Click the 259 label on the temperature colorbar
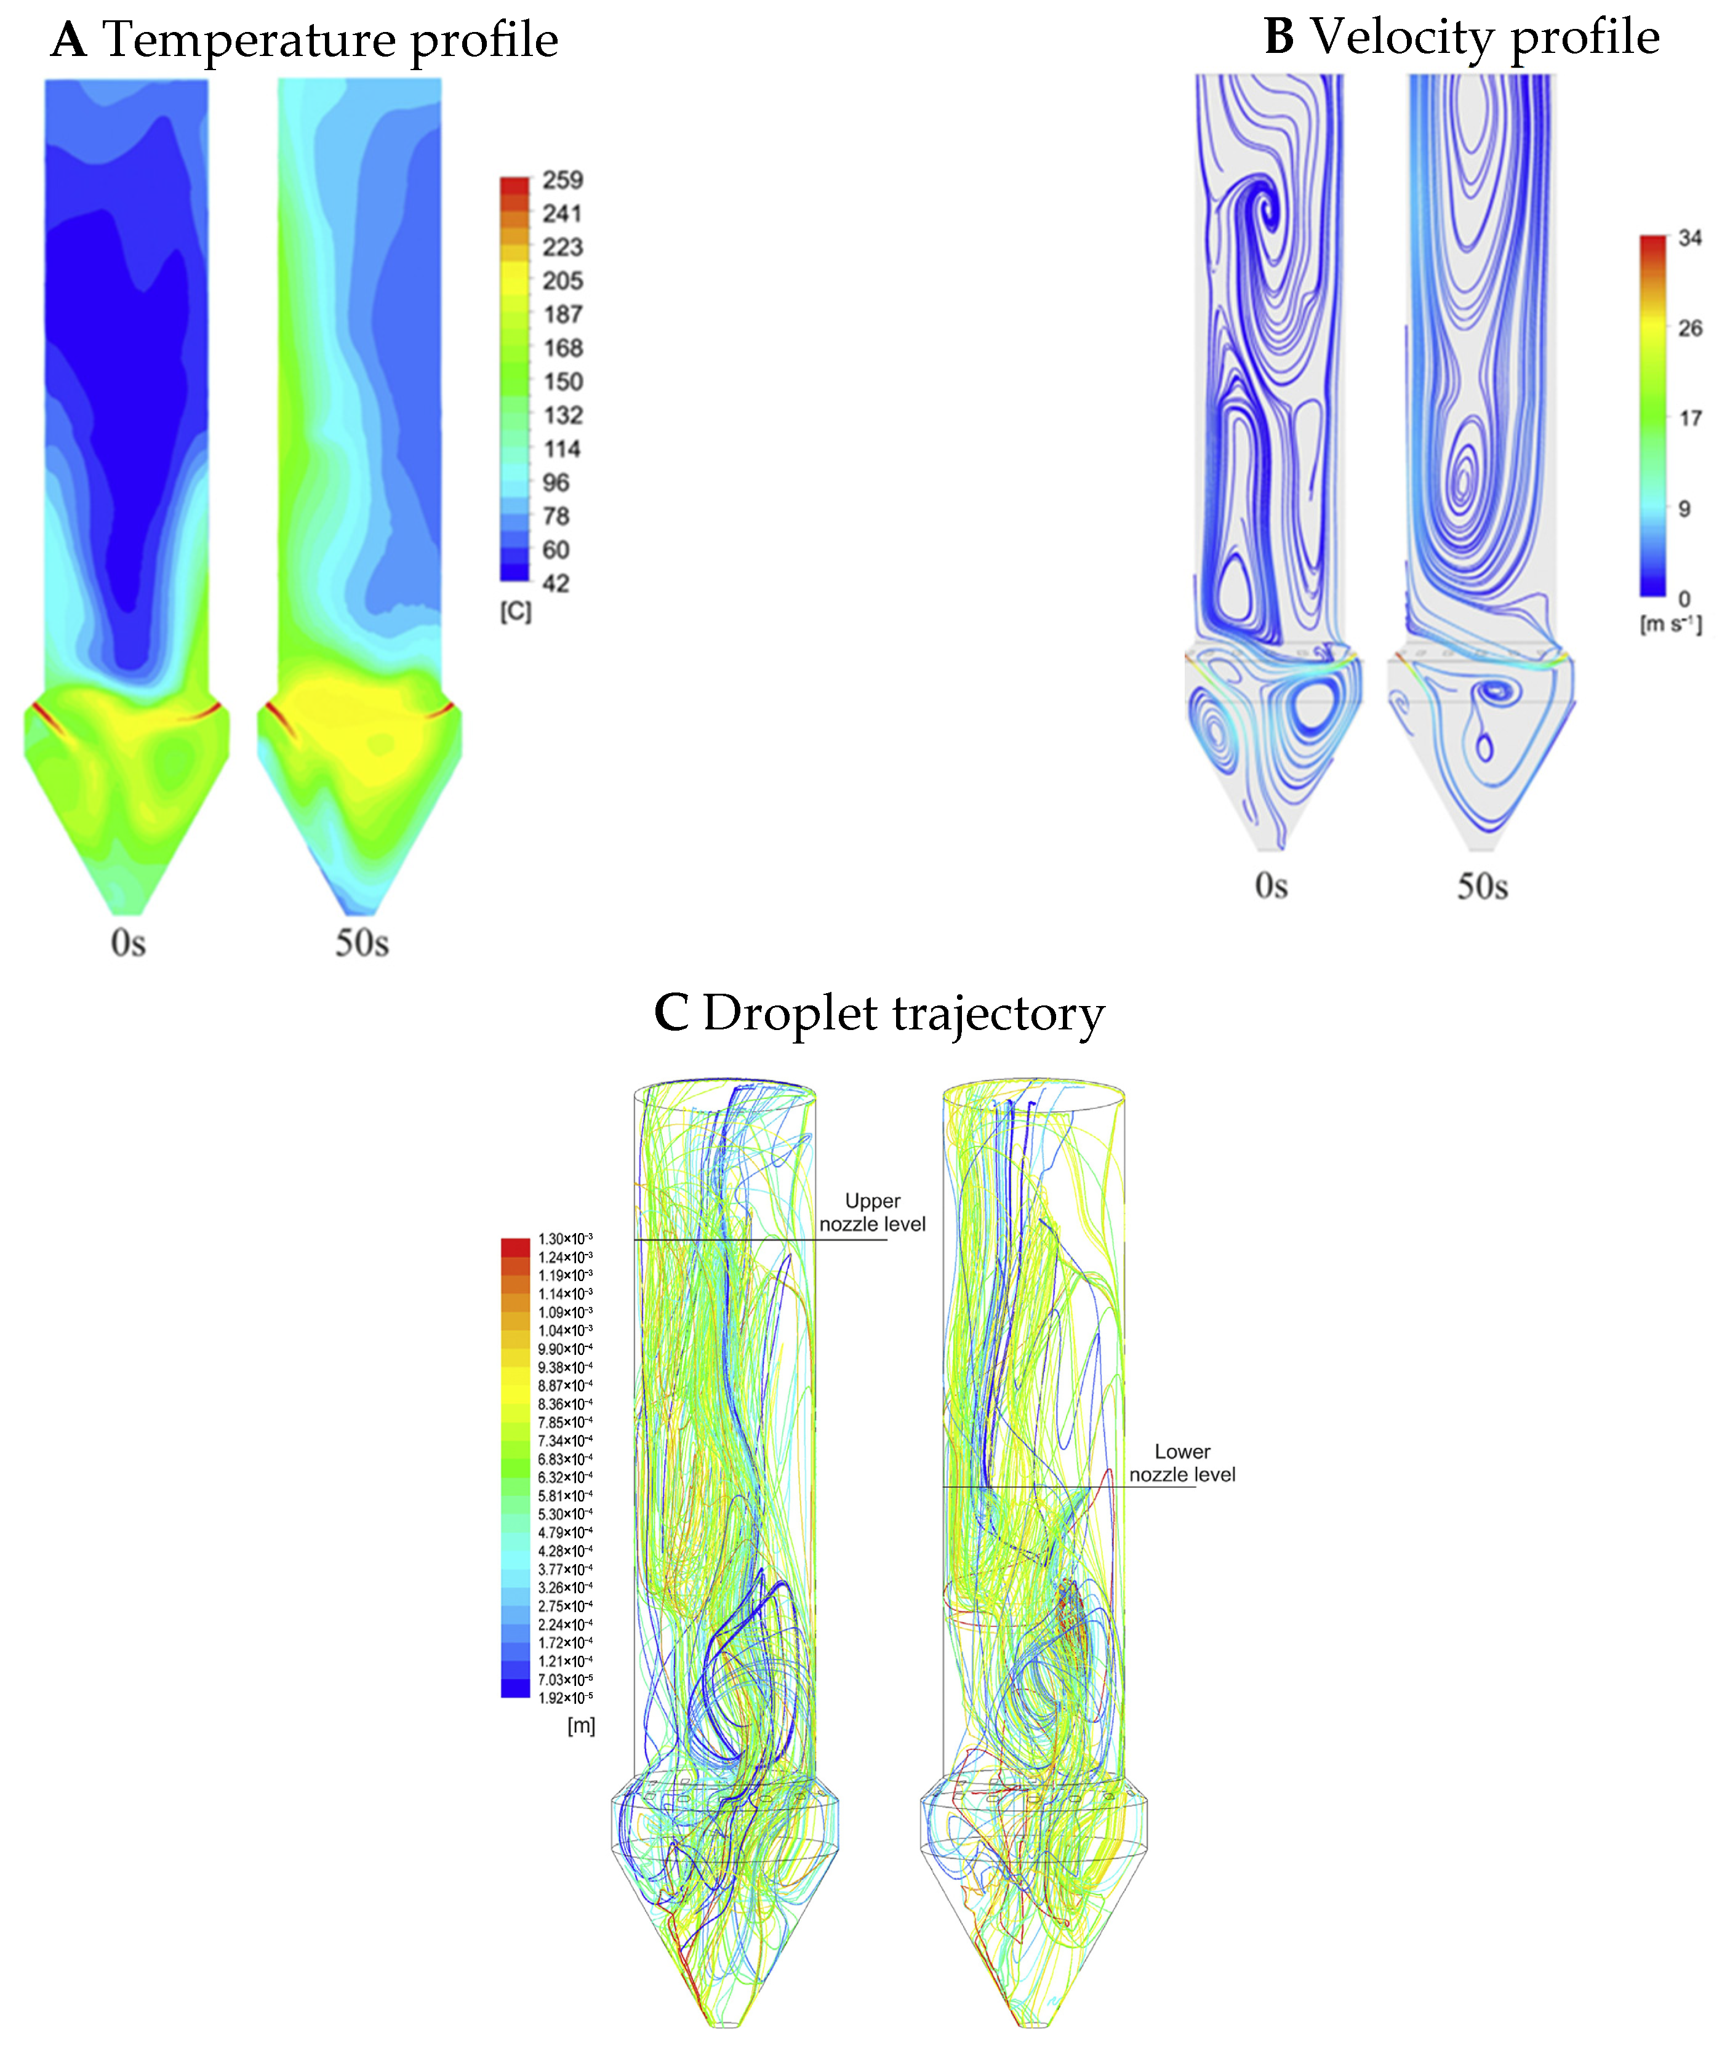pyautogui.click(x=563, y=180)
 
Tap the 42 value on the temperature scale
pyautogui.click(x=556, y=584)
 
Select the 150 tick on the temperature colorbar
pyautogui.click(x=563, y=381)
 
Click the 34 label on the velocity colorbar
pyautogui.click(x=1690, y=238)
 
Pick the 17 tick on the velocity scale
pyautogui.click(x=1690, y=419)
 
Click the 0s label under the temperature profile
pyautogui.click(x=128, y=943)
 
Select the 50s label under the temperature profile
pyautogui.click(x=361, y=943)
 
